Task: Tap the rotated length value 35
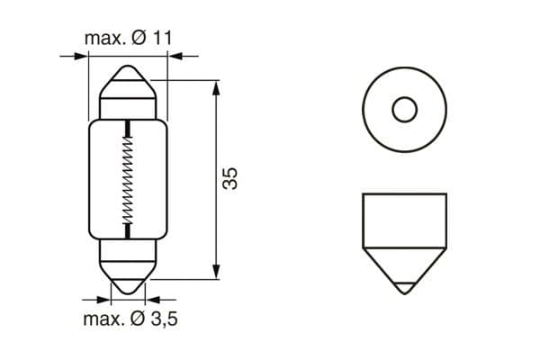click(230, 178)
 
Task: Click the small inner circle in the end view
click(404, 110)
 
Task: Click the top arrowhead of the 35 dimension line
click(216, 86)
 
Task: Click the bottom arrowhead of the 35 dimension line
click(216, 272)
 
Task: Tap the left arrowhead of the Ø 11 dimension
click(84, 57)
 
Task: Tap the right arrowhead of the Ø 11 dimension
click(174, 57)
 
